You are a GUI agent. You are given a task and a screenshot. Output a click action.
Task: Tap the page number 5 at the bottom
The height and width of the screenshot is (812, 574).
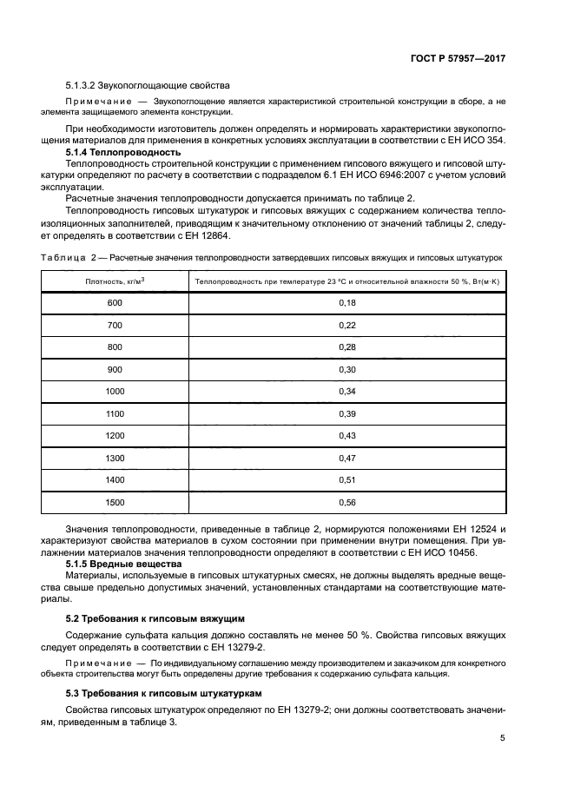click(503, 738)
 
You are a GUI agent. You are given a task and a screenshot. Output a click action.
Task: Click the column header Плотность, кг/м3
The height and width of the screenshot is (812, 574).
click(115, 281)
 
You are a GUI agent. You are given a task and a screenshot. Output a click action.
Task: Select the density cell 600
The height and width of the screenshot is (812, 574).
click(115, 302)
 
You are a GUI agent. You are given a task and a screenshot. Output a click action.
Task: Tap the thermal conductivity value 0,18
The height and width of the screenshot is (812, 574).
click(346, 302)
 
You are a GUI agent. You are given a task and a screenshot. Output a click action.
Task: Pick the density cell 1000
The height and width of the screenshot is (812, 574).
click(115, 392)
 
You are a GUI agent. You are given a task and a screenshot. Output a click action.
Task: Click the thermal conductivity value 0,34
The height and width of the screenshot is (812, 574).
click(346, 392)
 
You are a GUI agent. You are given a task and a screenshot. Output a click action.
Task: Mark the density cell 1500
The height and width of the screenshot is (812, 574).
click(115, 502)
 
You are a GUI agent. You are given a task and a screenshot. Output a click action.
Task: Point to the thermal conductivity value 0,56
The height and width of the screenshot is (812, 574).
click(346, 502)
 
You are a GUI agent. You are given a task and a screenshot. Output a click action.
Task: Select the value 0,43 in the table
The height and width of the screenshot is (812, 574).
click(346, 435)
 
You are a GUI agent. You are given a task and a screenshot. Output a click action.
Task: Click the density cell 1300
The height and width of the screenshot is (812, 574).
click(115, 458)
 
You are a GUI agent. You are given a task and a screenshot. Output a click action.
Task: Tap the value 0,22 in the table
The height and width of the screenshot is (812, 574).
click(346, 325)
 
